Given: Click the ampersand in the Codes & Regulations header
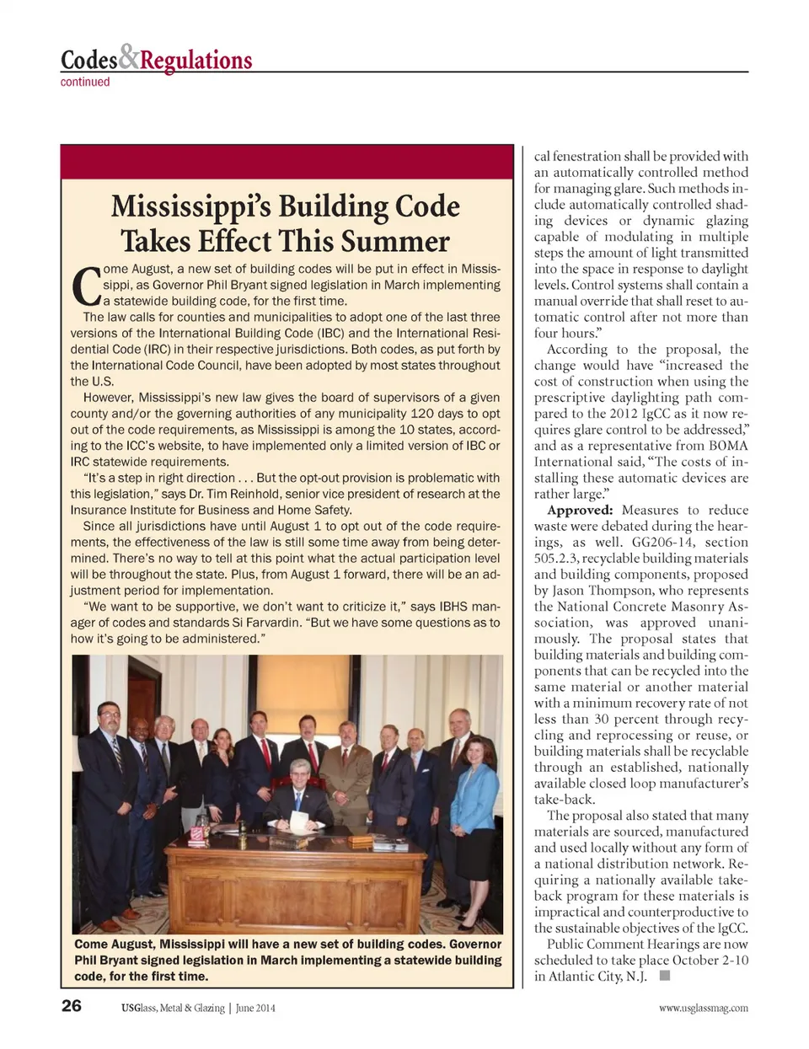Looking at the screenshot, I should coord(128,57).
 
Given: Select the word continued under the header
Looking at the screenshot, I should coord(85,82).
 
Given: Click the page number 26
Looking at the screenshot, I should coord(72,1006).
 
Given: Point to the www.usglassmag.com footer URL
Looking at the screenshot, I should coord(704,1008).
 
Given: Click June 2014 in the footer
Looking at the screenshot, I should coord(255,1008).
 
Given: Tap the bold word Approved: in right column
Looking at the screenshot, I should coord(580,510).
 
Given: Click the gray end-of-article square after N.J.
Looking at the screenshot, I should coord(664,976).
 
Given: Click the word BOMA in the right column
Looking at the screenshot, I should coord(728,446).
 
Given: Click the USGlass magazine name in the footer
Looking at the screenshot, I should coord(173,1008).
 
